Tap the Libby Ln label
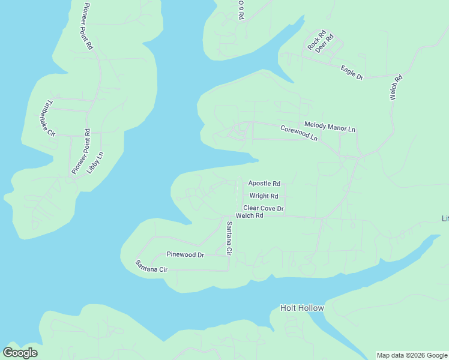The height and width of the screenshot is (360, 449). tap(95, 162)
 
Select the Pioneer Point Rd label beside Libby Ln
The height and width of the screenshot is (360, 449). tap(80, 152)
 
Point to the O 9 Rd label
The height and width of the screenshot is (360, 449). tap(240, 10)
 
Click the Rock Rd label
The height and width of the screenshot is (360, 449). tap(315, 40)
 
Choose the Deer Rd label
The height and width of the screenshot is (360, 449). tap(324, 44)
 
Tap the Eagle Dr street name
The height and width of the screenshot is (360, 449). tap(352, 73)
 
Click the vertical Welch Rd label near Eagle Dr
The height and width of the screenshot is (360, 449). tap(396, 87)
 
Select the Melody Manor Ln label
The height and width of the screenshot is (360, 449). tap(330, 125)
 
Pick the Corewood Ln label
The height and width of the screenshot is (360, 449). tap(298, 133)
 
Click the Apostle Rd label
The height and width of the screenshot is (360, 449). tap(264, 184)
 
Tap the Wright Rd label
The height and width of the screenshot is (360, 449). tap(264, 196)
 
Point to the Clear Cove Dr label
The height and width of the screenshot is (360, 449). tap(263, 208)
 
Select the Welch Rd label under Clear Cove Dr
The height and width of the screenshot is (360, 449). tap(250, 215)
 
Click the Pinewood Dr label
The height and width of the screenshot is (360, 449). tap(185, 255)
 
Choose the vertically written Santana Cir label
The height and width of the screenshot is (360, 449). tap(229, 238)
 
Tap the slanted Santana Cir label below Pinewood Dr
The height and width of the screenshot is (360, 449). tap(151, 266)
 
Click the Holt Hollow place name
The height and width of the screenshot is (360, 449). tap(302, 308)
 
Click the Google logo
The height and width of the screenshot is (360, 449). tap(20, 353)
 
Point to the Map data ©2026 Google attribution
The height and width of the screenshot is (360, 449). tap(411, 355)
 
